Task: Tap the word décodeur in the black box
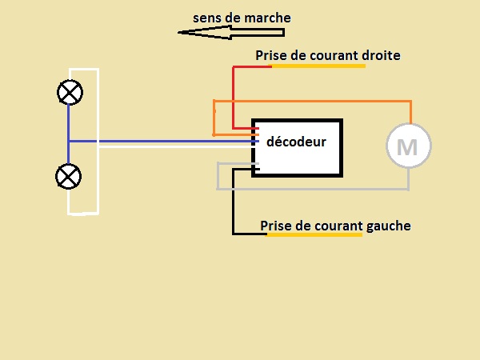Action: tap(296, 142)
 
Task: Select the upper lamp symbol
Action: tap(70, 93)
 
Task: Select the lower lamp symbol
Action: tap(70, 175)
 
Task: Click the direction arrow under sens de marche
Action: tap(231, 33)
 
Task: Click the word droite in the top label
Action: tap(380, 55)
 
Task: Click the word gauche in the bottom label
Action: tap(388, 226)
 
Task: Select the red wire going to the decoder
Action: tap(233, 96)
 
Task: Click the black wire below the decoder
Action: tap(233, 210)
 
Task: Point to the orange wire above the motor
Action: tap(320, 102)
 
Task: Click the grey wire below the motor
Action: tap(320, 189)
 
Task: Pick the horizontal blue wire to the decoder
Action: tap(160, 142)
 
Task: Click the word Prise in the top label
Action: tap(270, 55)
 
